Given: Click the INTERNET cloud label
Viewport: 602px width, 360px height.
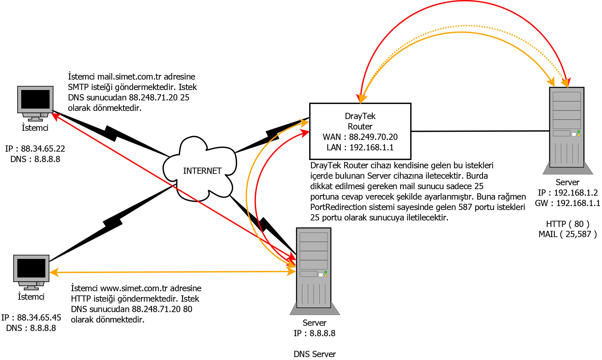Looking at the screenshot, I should [202, 171].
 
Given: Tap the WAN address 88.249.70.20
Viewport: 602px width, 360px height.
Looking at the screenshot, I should [373, 137].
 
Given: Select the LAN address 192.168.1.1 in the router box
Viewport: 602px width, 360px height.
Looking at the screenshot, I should [371, 147].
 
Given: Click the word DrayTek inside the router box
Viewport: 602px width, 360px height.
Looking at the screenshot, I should [360, 116].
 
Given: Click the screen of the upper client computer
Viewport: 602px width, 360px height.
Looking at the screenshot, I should [35, 99].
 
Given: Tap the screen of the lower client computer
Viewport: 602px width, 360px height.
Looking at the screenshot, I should [31, 268].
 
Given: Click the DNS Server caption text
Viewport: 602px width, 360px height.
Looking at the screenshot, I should [314, 354].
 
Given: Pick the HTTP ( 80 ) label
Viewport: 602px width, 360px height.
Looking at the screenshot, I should [567, 224].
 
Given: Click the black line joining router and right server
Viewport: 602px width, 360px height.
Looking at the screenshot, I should [479, 131].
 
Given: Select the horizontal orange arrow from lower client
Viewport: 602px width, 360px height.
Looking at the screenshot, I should [170, 272].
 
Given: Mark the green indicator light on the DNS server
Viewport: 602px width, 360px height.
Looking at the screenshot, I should [325, 272].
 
